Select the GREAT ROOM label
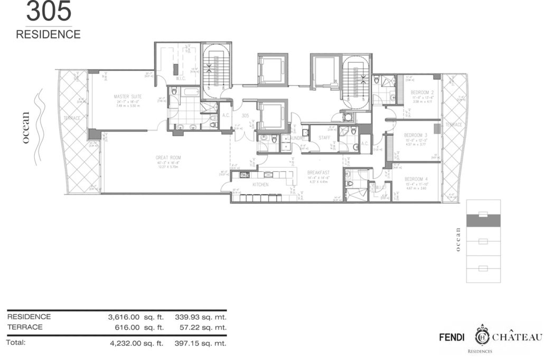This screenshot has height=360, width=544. coord(168,157)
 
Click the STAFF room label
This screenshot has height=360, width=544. coord(324,137)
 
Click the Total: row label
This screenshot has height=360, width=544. coord(16,342)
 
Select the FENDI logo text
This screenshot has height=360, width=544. coord(454,337)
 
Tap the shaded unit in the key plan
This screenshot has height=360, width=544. coord(483,221)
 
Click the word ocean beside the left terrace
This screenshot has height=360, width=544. coord(27,127)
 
